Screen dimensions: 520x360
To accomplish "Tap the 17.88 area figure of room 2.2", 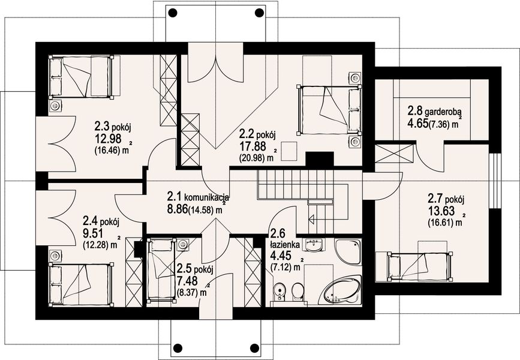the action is (x=253, y=146).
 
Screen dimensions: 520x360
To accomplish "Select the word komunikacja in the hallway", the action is (x=206, y=198).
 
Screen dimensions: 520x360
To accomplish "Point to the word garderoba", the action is (x=444, y=111).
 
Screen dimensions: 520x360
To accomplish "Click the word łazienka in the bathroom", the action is (x=285, y=245).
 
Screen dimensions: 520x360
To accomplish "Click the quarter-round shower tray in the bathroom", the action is (x=347, y=251).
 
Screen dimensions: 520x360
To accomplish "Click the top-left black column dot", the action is (x=173, y=13).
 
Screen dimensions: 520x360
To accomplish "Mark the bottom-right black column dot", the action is (x=254, y=348).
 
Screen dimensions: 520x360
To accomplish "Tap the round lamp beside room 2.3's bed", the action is (x=55, y=106).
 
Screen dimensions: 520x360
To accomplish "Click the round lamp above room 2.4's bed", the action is (x=55, y=256).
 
